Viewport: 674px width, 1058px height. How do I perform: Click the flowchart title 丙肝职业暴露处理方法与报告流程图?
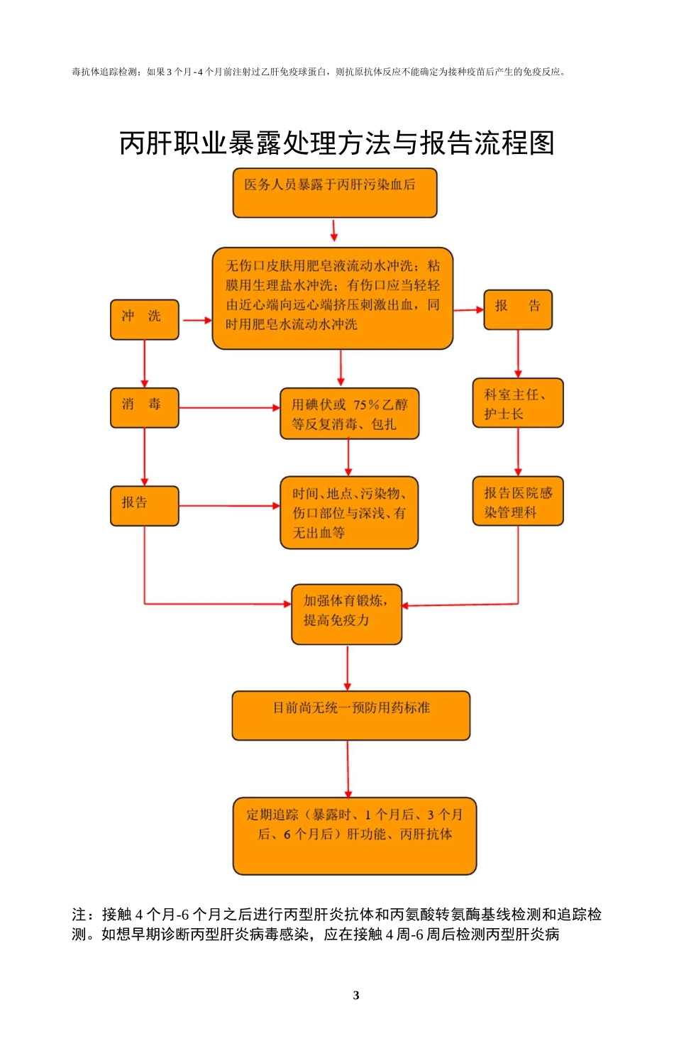(336, 143)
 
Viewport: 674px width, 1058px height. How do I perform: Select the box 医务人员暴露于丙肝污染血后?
(335, 192)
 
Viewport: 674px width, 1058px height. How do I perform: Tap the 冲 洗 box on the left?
(144, 319)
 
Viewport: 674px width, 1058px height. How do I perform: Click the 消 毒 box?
(144, 407)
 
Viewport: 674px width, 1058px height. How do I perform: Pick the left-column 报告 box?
(144, 505)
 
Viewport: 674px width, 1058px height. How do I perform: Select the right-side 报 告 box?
(517, 309)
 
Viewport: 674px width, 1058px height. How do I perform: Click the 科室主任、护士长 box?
(517, 403)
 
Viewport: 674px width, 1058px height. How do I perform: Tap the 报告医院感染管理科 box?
(517, 501)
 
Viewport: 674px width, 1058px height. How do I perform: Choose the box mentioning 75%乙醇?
(349, 414)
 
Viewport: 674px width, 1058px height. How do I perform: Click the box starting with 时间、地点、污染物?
(349, 512)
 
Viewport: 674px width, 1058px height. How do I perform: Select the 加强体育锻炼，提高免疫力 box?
(346, 614)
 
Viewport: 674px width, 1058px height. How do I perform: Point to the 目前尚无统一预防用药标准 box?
(350, 715)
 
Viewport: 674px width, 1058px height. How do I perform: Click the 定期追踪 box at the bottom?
(354, 835)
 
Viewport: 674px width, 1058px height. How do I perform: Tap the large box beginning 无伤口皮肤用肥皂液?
(332, 298)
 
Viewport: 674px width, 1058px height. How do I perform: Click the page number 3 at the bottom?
(356, 995)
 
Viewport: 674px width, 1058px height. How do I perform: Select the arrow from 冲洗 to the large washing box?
(197, 320)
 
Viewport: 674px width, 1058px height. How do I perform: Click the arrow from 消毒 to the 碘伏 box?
(229, 408)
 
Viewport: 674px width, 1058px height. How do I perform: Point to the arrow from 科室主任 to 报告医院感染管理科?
(518, 452)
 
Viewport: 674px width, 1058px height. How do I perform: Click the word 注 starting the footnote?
(79, 915)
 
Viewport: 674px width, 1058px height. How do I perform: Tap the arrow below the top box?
(334, 231)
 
